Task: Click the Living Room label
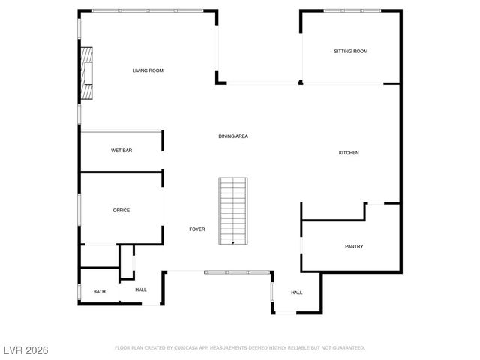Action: coord(148,70)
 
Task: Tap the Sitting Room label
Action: coord(351,51)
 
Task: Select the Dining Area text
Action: coord(233,136)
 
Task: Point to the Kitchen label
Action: coord(349,153)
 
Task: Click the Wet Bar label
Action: coord(121,151)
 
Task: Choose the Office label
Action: coord(121,211)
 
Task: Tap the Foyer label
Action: coord(197,229)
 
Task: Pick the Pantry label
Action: coord(354,246)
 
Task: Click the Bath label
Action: coord(100,291)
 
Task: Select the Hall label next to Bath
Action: coord(141,289)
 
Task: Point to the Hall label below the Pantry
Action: coord(296,292)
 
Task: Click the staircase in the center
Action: coord(232,210)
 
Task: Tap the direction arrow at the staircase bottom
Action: coord(232,242)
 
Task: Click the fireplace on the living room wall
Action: coord(88,73)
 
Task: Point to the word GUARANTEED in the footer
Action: coord(347,348)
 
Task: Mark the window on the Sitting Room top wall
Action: coord(351,10)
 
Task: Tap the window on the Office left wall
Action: coord(79,211)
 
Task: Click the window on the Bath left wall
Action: coord(79,291)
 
